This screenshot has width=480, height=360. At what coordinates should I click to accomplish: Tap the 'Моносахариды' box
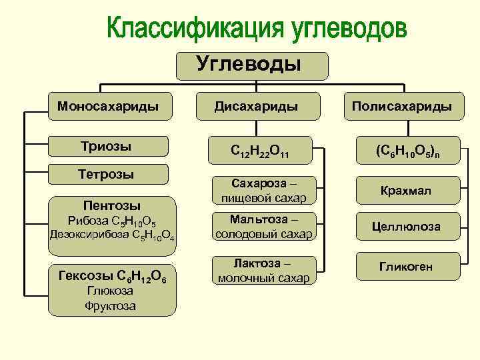pyautogui.click(x=107, y=106)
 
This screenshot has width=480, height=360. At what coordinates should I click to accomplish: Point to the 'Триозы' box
pyautogui.click(x=107, y=147)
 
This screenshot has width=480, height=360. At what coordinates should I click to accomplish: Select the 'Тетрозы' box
pyautogui.click(x=107, y=175)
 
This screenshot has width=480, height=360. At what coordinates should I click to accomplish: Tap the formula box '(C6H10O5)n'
pyautogui.click(x=406, y=153)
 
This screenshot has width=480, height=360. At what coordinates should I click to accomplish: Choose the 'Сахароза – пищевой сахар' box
pyautogui.click(x=264, y=190)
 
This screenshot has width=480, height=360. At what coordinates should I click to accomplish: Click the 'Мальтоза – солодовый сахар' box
pyautogui.click(x=264, y=227)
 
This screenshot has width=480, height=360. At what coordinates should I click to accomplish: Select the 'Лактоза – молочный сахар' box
pyautogui.click(x=264, y=270)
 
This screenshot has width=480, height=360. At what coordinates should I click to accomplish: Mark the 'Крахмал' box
pyautogui.click(x=406, y=191)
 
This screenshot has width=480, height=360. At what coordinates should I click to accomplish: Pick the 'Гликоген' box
pyautogui.click(x=406, y=266)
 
